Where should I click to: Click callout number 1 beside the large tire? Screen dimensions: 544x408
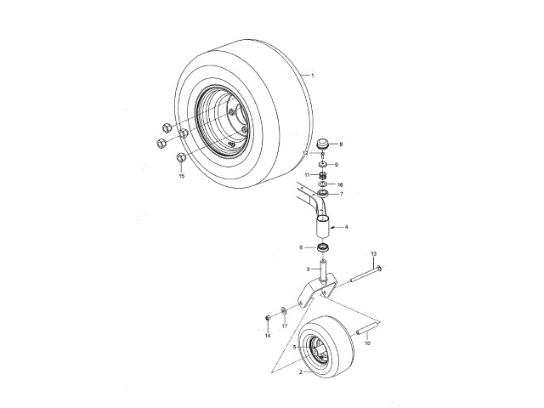(x=313, y=76)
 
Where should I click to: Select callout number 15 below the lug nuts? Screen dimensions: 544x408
(x=181, y=176)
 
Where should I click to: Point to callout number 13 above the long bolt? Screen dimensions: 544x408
(x=374, y=254)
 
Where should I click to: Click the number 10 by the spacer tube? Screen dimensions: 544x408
(x=368, y=343)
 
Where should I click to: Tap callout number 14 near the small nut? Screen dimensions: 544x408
(x=267, y=336)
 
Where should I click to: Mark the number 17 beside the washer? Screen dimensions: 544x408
(x=285, y=326)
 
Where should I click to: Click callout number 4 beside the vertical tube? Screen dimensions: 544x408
(x=346, y=227)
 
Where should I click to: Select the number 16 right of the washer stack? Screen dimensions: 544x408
(x=340, y=184)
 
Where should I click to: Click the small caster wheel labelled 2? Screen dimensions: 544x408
(x=327, y=344)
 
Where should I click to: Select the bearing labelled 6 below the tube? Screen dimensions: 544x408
(x=323, y=247)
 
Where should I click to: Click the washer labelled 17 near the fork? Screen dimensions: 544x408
(x=283, y=309)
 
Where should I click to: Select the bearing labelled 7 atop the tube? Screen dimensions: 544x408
(x=324, y=195)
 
